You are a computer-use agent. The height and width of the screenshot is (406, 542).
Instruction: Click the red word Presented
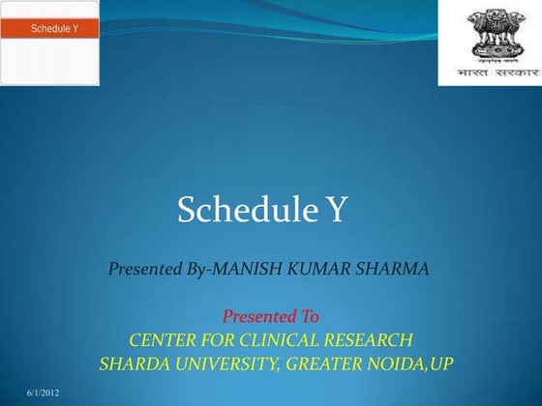[x=257, y=316]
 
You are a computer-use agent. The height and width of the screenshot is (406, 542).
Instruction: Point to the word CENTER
[x=165, y=340]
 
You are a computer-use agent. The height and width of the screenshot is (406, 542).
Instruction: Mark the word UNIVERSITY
[x=230, y=364]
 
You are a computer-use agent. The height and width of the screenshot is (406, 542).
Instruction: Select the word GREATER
[x=335, y=364]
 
